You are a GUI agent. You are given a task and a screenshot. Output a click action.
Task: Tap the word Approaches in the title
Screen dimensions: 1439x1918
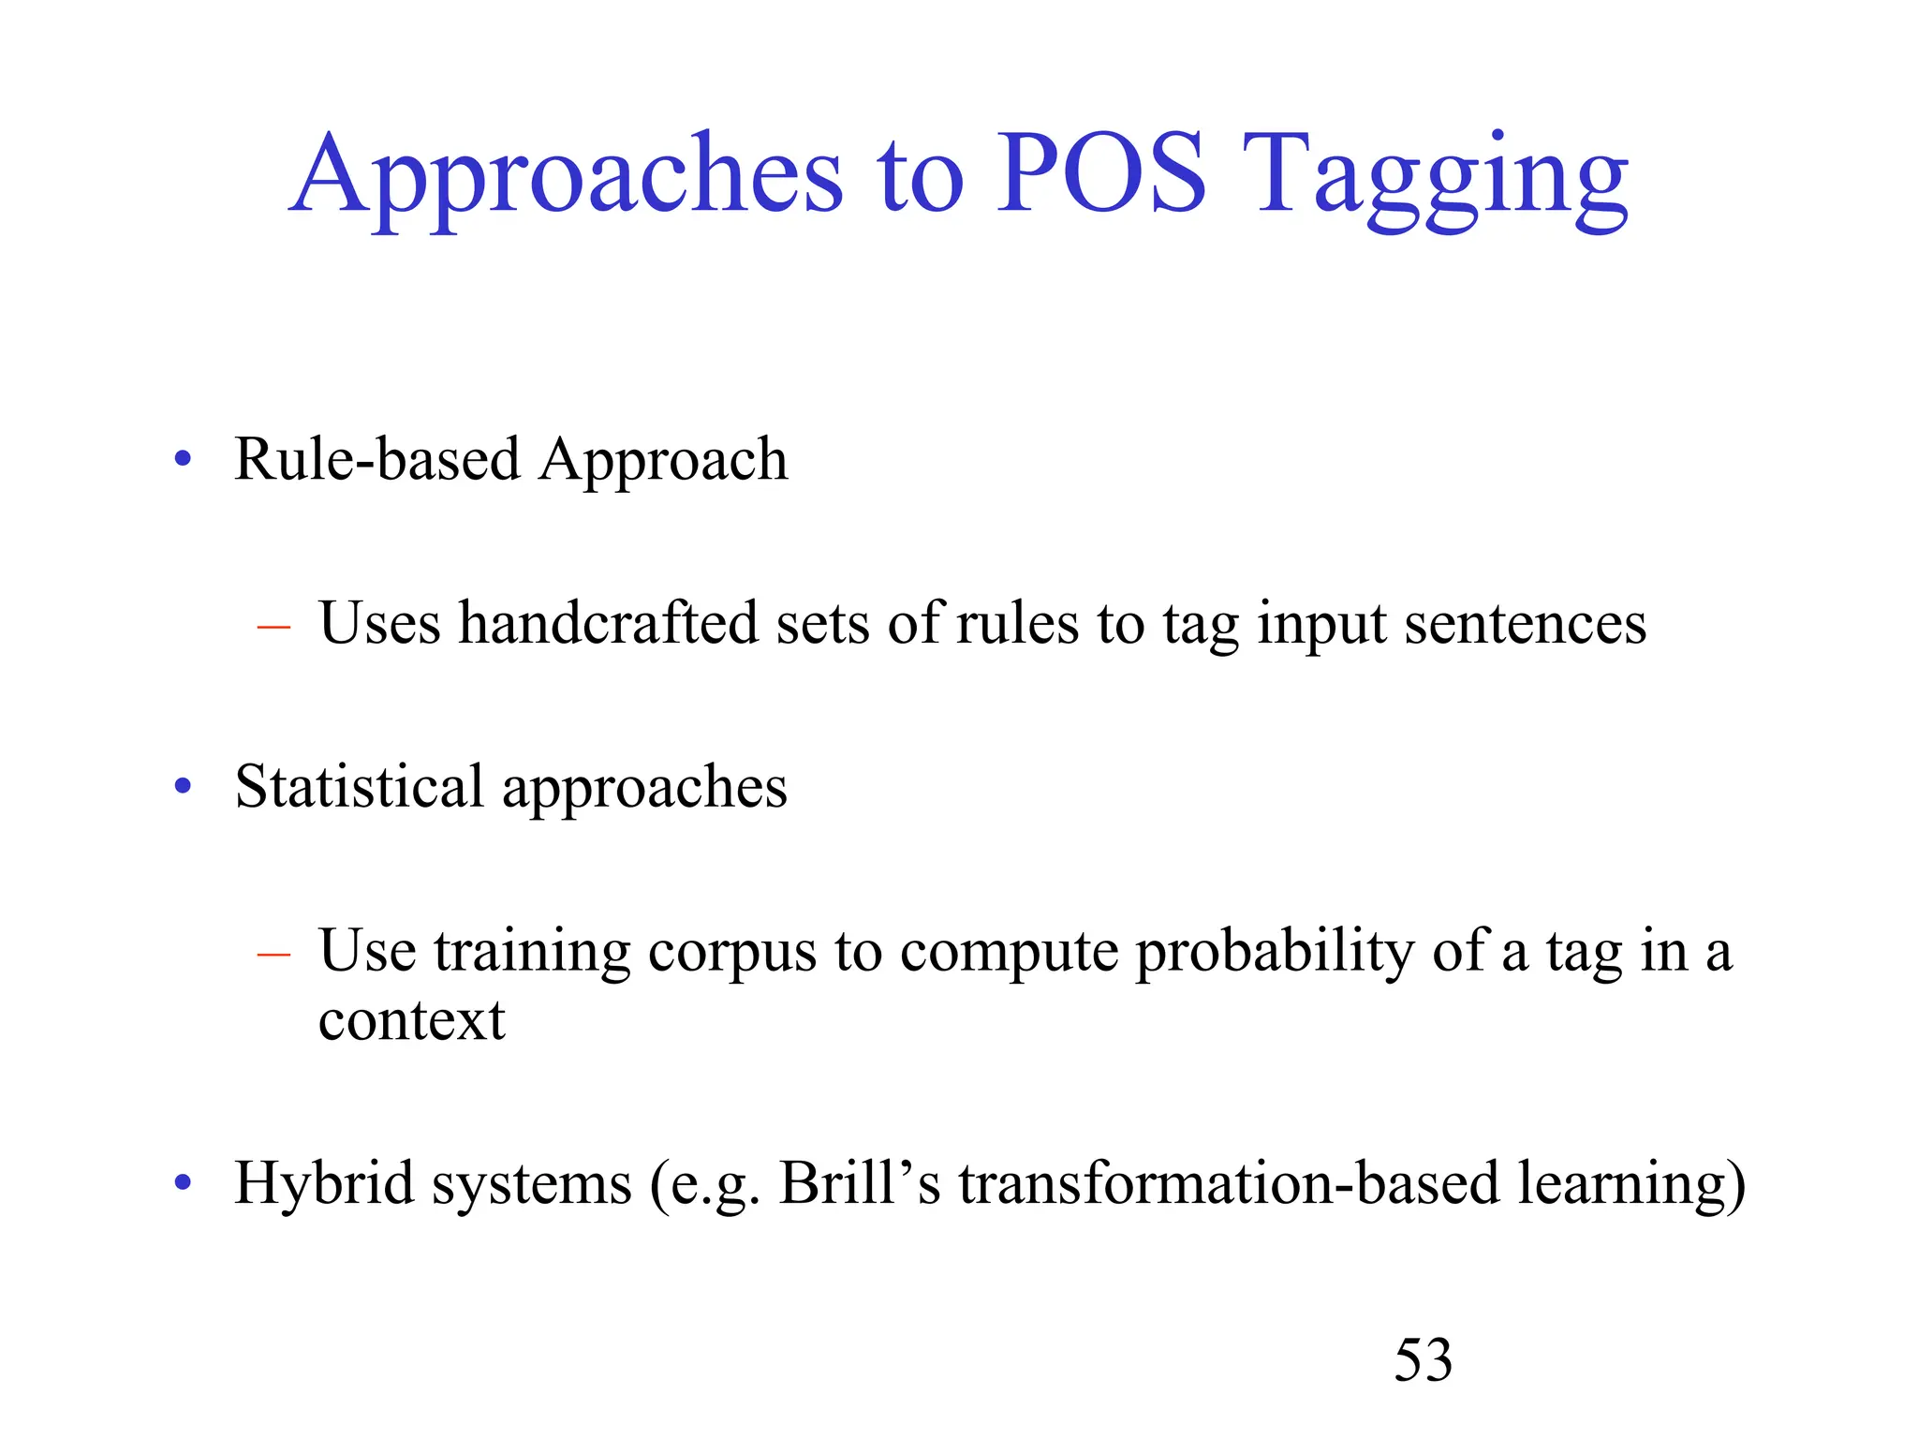point(567,178)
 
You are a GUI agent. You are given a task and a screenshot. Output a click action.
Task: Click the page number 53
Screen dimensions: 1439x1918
point(1423,1359)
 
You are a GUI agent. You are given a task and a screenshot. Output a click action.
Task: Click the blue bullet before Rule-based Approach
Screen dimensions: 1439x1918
point(184,460)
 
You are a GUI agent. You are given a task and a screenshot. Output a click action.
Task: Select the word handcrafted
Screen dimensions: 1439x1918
point(608,623)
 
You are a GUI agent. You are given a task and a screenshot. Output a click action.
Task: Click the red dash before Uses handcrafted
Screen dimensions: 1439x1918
point(273,625)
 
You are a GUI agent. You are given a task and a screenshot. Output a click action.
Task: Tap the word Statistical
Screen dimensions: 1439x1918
point(359,786)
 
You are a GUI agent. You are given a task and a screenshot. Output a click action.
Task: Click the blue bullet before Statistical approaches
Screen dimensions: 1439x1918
point(184,787)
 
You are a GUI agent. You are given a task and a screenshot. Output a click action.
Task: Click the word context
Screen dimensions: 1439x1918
point(411,1020)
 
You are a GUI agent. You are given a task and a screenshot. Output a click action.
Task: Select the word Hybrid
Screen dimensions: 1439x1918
point(324,1183)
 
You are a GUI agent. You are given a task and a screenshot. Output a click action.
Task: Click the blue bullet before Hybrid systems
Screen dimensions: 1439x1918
point(184,1183)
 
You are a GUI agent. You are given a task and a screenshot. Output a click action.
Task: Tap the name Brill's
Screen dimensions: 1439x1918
point(860,1183)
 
